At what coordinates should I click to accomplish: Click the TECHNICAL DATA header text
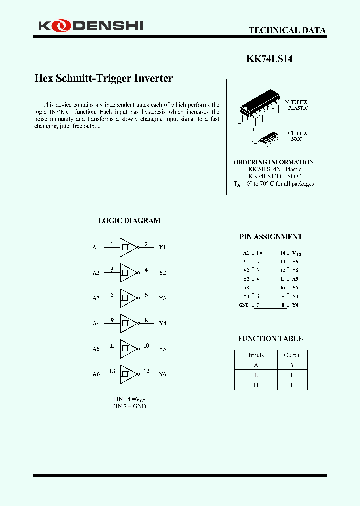pyautogui.click(x=287, y=30)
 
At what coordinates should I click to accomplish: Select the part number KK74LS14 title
pyautogui.click(x=270, y=59)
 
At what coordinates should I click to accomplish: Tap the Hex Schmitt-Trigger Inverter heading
pyautogui.click(x=103, y=78)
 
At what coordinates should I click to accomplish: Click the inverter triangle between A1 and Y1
pyautogui.click(x=128, y=247)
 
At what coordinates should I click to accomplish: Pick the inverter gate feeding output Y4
pyautogui.click(x=128, y=323)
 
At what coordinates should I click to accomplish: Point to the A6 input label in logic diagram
pyautogui.click(x=96, y=374)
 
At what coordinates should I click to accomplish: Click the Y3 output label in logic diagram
pyautogui.click(x=162, y=298)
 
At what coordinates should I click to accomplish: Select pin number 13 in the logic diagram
pyautogui.click(x=112, y=371)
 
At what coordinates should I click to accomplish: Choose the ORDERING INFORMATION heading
pyautogui.click(x=274, y=162)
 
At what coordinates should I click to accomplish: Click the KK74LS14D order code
pyautogui.click(x=265, y=176)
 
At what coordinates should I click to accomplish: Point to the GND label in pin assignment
pyautogui.click(x=244, y=305)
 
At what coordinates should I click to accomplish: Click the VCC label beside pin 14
pyautogui.click(x=297, y=253)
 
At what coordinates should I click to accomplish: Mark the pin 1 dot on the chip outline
pyautogui.click(x=261, y=253)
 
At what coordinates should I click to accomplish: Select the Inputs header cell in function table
pyautogui.click(x=256, y=355)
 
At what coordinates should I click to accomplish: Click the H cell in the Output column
pyautogui.click(x=292, y=375)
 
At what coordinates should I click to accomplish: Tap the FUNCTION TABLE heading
pyautogui.click(x=270, y=338)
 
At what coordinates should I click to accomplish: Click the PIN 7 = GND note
pyautogui.click(x=129, y=406)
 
